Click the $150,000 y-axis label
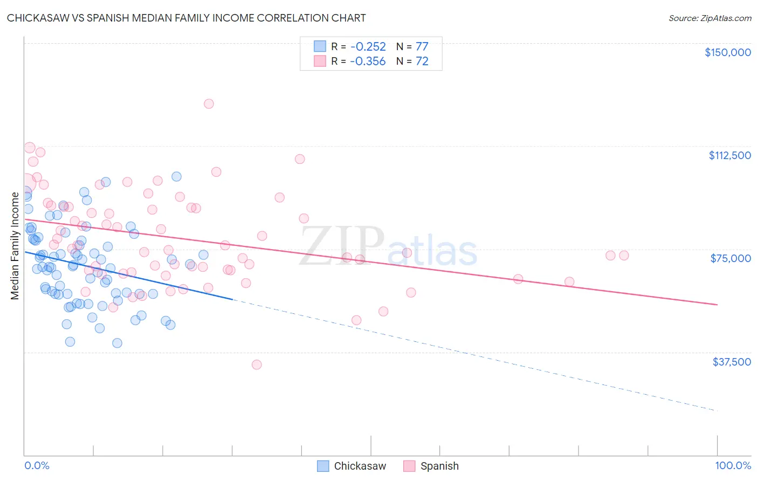pyautogui.click(x=727, y=52)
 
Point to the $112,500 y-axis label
pyautogui.click(x=729, y=155)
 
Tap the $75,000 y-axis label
pyautogui.click(x=731, y=258)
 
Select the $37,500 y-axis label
pyautogui.click(x=731, y=362)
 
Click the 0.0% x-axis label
pyautogui.click(x=37, y=465)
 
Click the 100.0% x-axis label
pyautogui.click(x=733, y=465)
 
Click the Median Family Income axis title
pyautogui.click(x=15, y=246)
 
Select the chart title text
pyautogui.click(x=186, y=18)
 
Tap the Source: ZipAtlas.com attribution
pyautogui.click(x=709, y=18)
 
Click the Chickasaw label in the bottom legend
pyautogui.click(x=360, y=466)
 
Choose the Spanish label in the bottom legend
pyautogui.click(x=439, y=466)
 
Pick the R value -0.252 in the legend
pyautogui.click(x=368, y=46)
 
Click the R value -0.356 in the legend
pyautogui.click(x=368, y=61)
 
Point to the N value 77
pyautogui.click(x=422, y=46)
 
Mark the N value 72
pyautogui.click(x=422, y=61)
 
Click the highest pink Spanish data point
pyautogui.click(x=209, y=104)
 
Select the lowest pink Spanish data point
pyautogui.click(x=257, y=365)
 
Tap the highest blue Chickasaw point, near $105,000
pyautogui.click(x=176, y=176)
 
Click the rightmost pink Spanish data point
pyautogui.click(x=624, y=255)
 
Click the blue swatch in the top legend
pyautogui.click(x=320, y=46)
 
